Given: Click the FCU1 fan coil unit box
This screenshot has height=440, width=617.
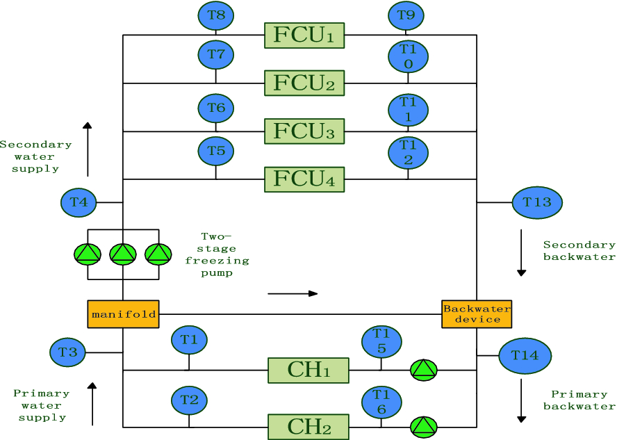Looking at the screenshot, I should tap(304, 35).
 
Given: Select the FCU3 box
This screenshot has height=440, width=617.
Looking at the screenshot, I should tap(304, 131).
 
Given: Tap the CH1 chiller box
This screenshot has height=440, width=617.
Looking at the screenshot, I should tap(308, 370).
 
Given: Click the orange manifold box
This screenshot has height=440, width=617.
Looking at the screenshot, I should tap(123, 314).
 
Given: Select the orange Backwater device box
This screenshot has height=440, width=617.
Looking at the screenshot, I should tap(477, 314).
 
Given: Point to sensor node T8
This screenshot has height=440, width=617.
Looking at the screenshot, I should tap(216, 15).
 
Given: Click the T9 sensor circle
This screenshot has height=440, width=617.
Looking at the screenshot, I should tap(406, 15).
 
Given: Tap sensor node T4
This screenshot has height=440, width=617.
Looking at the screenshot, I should tap(79, 203).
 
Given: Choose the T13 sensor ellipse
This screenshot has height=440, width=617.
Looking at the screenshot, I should tap(537, 202).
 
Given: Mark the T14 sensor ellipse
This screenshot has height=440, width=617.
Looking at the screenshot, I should tap(525, 355).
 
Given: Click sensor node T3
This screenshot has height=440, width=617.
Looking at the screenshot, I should tap(67, 352).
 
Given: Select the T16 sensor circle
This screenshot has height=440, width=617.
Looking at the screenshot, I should tap(381, 402).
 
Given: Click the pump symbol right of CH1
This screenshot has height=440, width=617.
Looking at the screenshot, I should tap(424, 370).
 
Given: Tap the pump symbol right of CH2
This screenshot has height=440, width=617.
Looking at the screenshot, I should tap(424, 426).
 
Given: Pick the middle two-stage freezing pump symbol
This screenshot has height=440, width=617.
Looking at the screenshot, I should tap(123, 254).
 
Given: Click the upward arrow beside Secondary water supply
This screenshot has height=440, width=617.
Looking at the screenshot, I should tap(88, 149).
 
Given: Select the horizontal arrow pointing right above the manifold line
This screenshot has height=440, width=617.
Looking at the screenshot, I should tap(293, 293).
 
